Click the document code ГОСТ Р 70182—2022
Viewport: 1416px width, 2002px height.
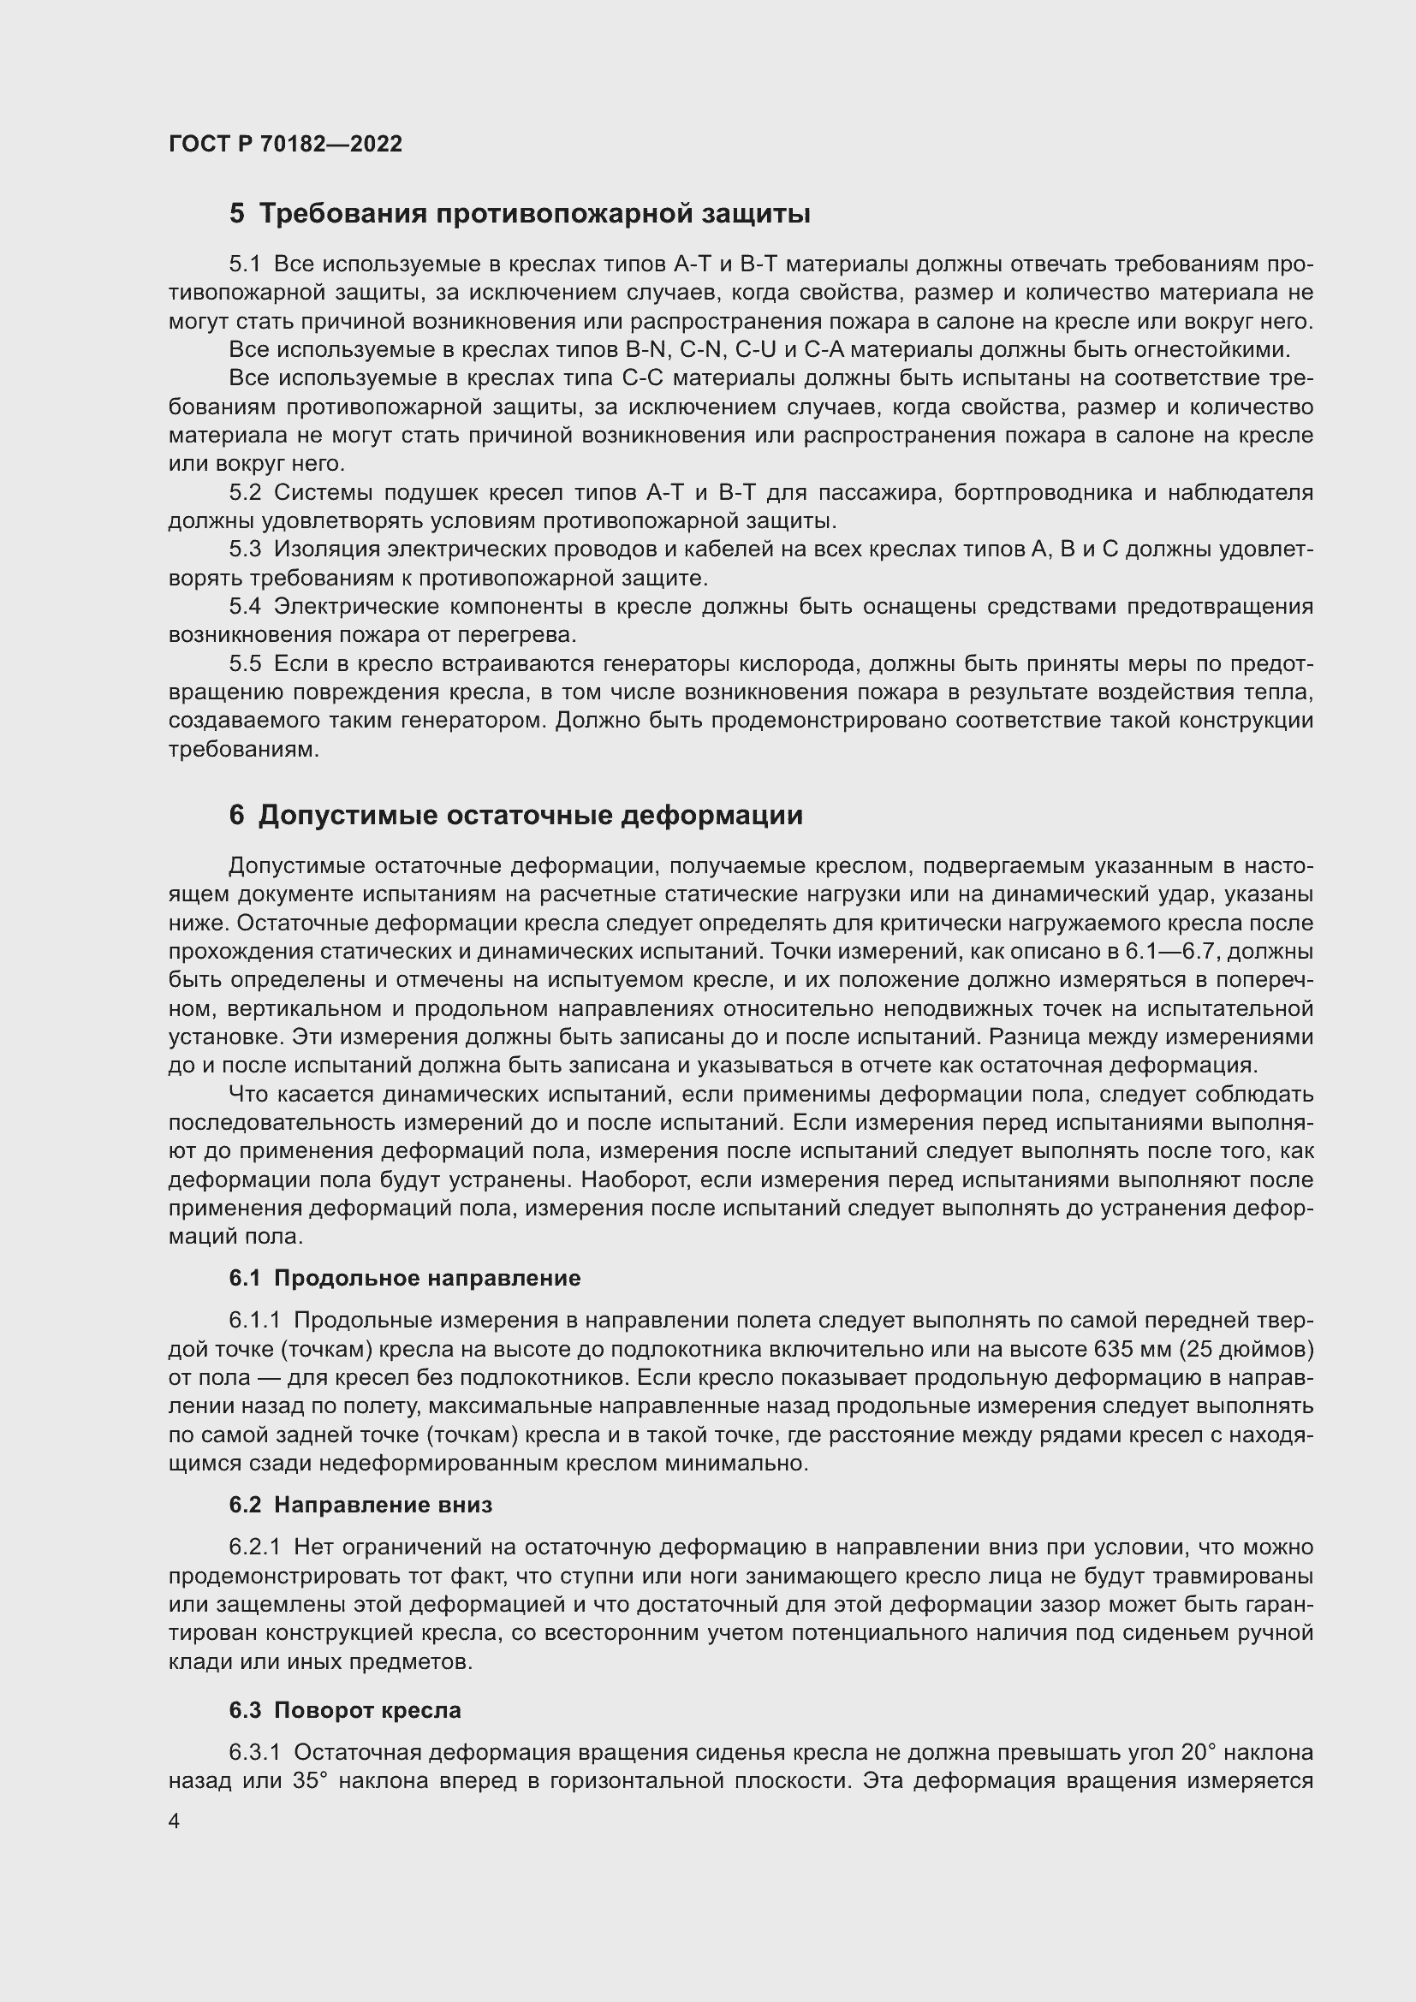[285, 144]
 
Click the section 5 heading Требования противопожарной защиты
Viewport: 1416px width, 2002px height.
[520, 214]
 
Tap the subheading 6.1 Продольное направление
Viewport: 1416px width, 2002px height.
[405, 1278]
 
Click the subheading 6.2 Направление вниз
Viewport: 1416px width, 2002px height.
[360, 1505]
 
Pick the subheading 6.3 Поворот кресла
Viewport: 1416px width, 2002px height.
[344, 1710]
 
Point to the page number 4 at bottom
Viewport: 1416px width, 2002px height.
[175, 1821]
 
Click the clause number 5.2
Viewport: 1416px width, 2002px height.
[245, 493]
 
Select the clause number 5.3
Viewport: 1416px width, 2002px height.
[245, 550]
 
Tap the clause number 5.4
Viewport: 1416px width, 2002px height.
[245, 606]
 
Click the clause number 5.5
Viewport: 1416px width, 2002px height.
[245, 663]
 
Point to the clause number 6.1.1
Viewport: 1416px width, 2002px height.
[254, 1321]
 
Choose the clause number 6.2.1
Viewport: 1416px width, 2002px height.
[254, 1548]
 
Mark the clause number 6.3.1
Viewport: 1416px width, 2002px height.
[254, 1753]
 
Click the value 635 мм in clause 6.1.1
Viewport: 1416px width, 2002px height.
[1131, 1350]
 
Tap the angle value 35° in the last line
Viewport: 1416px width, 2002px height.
[310, 1781]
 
